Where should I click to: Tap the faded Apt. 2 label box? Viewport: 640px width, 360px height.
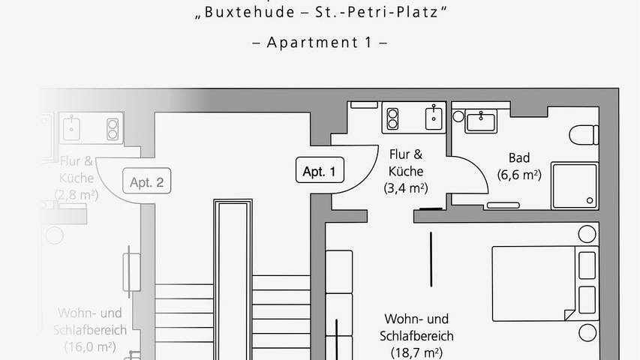click(146, 181)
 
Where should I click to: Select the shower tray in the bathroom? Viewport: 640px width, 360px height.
click(575, 184)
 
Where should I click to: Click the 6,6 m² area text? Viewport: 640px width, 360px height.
click(519, 175)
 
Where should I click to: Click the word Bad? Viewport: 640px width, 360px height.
click(519, 157)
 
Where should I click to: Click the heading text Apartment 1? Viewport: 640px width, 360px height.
click(320, 42)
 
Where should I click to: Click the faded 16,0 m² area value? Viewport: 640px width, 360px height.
click(84, 346)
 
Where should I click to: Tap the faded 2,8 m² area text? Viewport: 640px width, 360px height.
click(75, 195)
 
